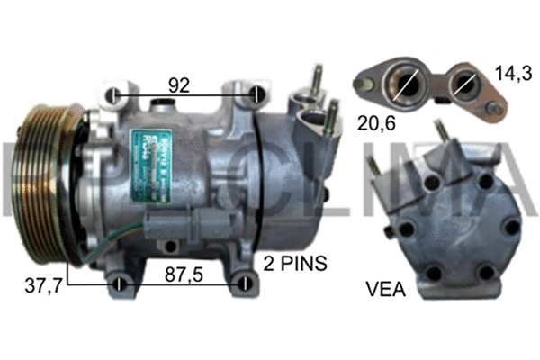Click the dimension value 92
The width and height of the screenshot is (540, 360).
(178, 85)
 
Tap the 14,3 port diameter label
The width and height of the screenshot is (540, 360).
(511, 76)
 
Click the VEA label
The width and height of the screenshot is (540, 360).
(385, 290)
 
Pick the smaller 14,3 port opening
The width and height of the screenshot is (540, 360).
(465, 86)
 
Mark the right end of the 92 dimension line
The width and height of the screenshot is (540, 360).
(257, 95)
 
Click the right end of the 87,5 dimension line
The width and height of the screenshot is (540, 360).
(243, 286)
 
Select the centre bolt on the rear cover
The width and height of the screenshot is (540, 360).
(459, 229)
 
